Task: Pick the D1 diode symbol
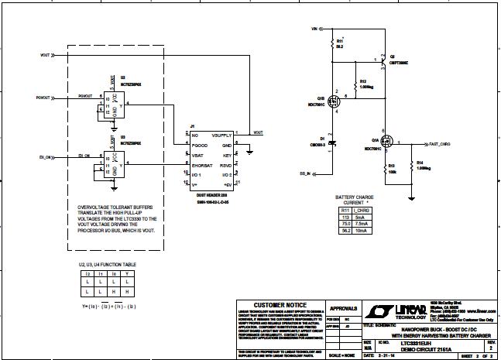click(331, 143)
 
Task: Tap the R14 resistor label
click(423, 163)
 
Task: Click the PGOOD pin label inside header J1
click(200, 145)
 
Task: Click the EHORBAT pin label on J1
click(203, 165)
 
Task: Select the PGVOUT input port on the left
click(43, 98)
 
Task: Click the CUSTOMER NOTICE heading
click(276, 305)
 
